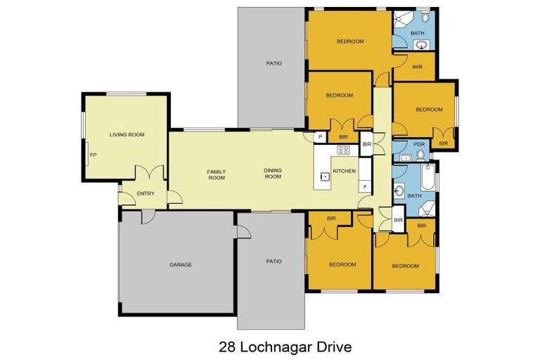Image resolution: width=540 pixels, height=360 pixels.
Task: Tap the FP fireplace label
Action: point(92,155)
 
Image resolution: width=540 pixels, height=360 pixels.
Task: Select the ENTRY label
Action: point(146,193)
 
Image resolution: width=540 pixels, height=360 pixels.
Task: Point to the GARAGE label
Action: point(180,264)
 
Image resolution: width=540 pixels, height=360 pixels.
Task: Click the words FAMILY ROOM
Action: point(216,174)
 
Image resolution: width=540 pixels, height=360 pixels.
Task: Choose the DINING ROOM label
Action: point(272,173)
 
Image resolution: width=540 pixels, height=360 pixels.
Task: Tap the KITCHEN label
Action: point(345,171)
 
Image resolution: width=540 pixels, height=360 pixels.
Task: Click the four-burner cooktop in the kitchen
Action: point(344,150)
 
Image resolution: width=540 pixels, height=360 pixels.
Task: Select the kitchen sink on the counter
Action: point(325,176)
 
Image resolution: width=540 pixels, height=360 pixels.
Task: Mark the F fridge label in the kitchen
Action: point(364,187)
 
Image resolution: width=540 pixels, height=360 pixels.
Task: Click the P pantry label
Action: point(320,136)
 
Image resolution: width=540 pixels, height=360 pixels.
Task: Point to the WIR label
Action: point(416,68)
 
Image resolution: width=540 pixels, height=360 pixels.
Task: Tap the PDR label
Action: point(419,145)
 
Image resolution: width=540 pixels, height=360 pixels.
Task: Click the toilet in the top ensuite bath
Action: point(425,19)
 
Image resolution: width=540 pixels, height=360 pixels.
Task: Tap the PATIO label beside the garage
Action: point(274,261)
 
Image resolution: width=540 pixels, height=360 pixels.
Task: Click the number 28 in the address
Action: point(226,347)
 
